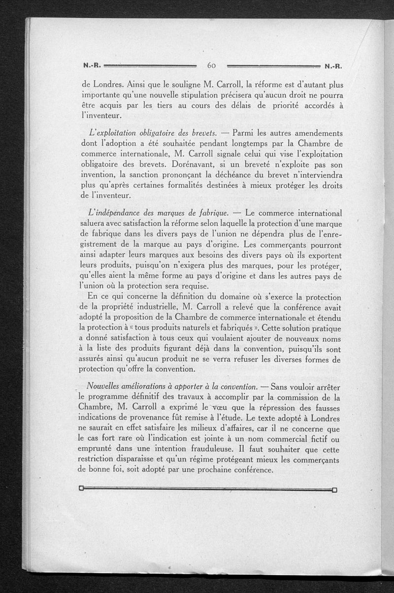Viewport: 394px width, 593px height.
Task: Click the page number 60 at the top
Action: coord(212,65)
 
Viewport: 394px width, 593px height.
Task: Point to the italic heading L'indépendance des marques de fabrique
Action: coord(157,213)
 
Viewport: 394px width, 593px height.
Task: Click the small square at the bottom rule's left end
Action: coord(81,490)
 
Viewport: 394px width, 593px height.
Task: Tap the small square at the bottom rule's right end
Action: coord(335,490)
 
